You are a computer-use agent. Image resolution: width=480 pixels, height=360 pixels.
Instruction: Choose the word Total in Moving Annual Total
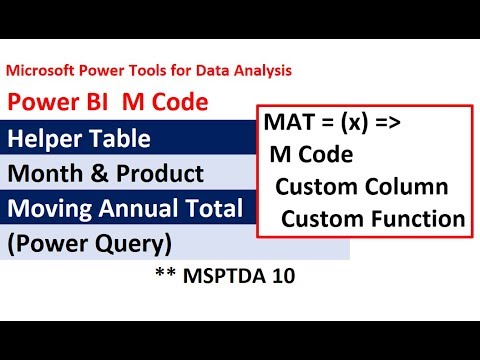pos(214,209)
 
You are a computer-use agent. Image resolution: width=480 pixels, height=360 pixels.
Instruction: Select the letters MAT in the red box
pos(288,125)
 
